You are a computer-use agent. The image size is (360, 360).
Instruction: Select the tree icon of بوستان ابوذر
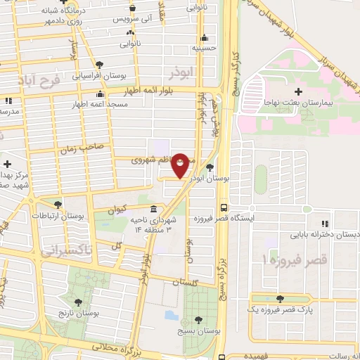click(x=211, y=167)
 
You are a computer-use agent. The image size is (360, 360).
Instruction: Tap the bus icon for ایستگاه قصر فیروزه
click(x=224, y=207)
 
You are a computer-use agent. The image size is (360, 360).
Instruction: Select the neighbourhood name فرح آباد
click(x=33, y=81)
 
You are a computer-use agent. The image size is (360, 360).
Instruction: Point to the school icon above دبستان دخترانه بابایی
click(x=325, y=221)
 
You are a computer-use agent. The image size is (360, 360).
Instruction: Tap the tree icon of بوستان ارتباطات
click(x=58, y=205)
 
